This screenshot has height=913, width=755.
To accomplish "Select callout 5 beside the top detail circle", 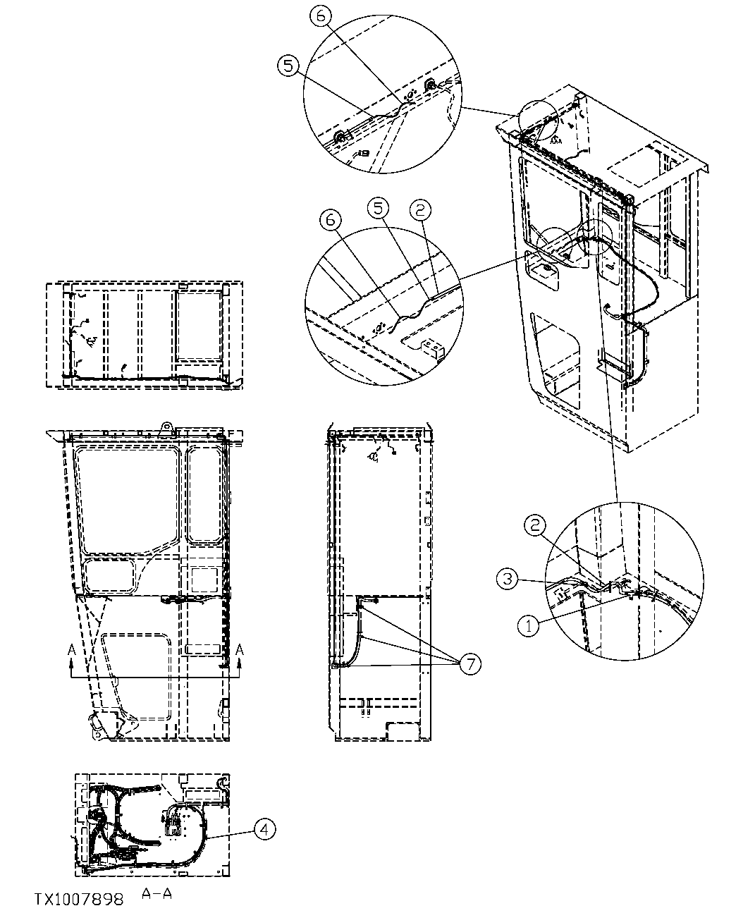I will (x=287, y=66).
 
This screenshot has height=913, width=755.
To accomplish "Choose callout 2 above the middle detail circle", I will (x=421, y=209).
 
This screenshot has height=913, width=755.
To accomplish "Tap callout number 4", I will (x=264, y=830).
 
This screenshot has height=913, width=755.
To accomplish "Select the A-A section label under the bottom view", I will (x=156, y=893).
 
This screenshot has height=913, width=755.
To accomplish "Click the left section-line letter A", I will (x=71, y=649).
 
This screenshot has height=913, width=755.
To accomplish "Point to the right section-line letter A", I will (x=240, y=649).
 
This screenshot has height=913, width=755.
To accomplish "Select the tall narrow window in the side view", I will (x=206, y=494).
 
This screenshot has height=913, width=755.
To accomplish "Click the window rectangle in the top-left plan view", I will (x=199, y=324).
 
